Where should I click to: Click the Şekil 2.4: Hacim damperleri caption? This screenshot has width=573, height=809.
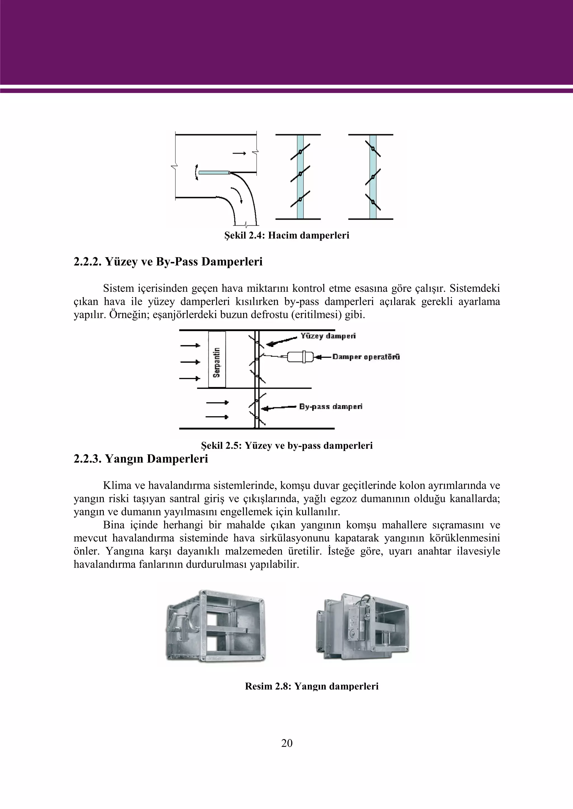[286, 235]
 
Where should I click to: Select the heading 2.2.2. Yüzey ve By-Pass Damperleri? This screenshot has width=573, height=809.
[168, 262]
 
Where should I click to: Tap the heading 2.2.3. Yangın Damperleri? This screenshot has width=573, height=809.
[141, 459]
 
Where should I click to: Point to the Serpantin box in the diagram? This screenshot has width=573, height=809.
[217, 359]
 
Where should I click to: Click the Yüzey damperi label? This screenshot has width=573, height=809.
[328, 336]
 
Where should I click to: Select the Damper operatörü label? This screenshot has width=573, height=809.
[366, 357]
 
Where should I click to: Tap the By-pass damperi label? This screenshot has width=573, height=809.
[331, 407]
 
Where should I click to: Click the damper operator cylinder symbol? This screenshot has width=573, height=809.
[300, 357]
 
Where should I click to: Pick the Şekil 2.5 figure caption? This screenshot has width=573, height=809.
[286, 446]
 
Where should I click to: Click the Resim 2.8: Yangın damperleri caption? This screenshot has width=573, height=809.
[312, 686]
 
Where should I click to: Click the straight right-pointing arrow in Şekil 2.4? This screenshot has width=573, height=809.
[239, 153]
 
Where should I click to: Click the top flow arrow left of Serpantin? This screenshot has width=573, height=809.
[190, 345]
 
